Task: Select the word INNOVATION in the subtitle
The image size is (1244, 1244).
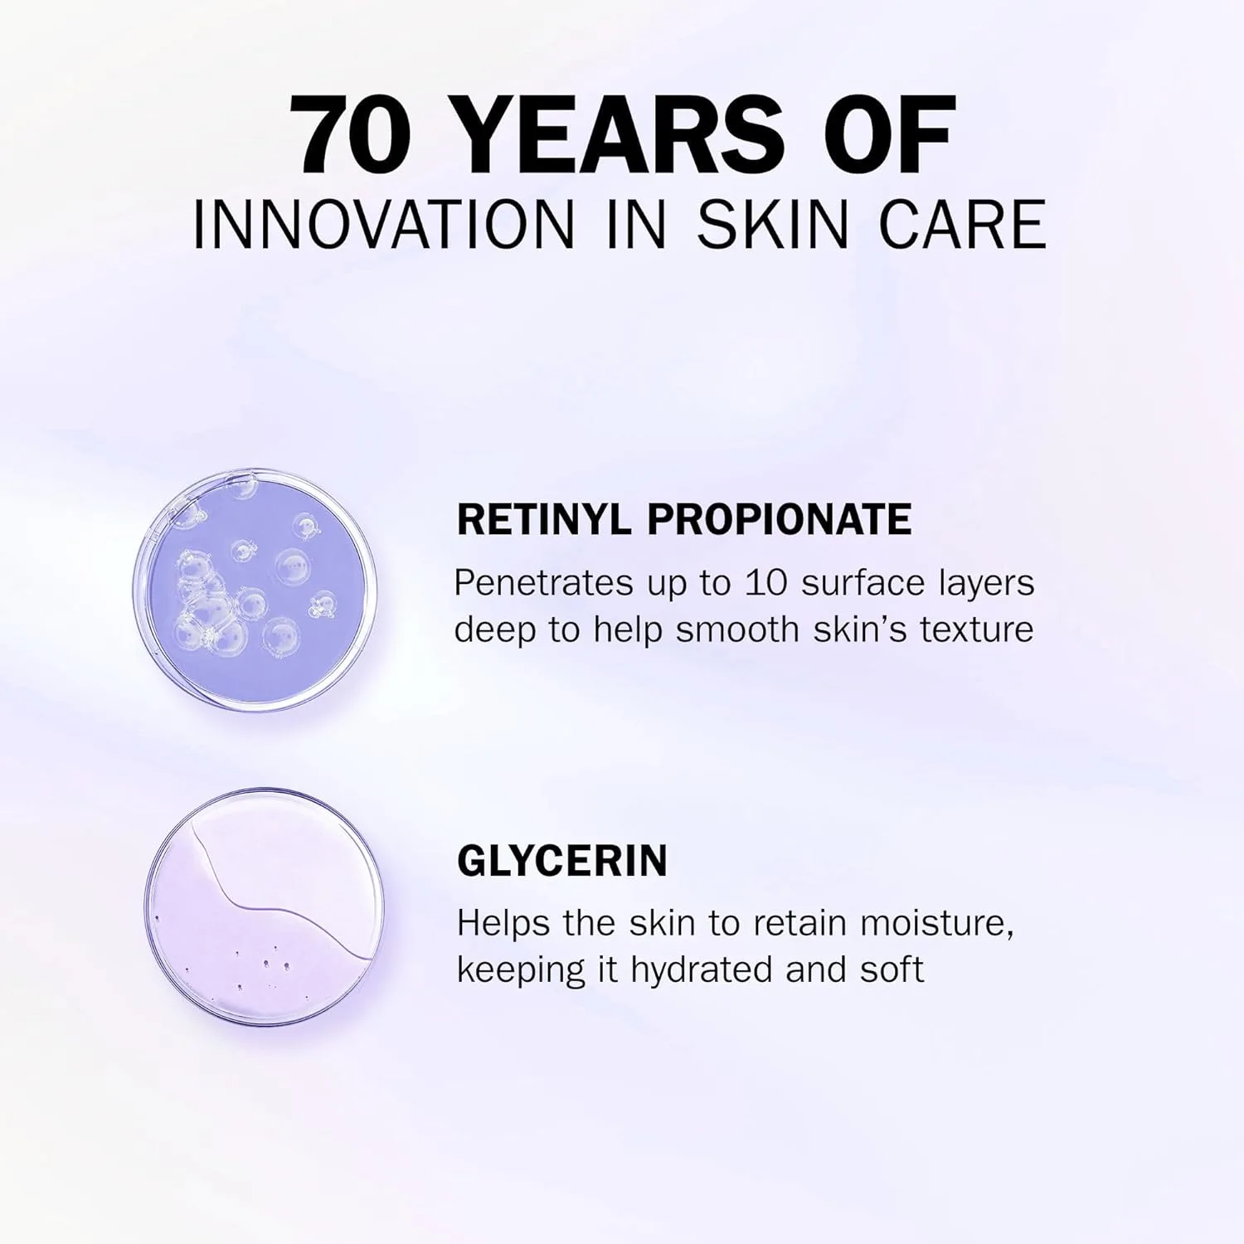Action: [x=383, y=224]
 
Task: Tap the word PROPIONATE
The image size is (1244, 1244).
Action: [x=779, y=520]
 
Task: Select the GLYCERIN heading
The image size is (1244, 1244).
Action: [x=562, y=860]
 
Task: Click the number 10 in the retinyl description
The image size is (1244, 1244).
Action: [x=765, y=583]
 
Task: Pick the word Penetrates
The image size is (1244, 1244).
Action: [x=543, y=583]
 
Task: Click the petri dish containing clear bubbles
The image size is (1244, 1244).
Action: [x=255, y=589]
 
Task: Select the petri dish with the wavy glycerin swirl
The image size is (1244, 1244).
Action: [x=265, y=907]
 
